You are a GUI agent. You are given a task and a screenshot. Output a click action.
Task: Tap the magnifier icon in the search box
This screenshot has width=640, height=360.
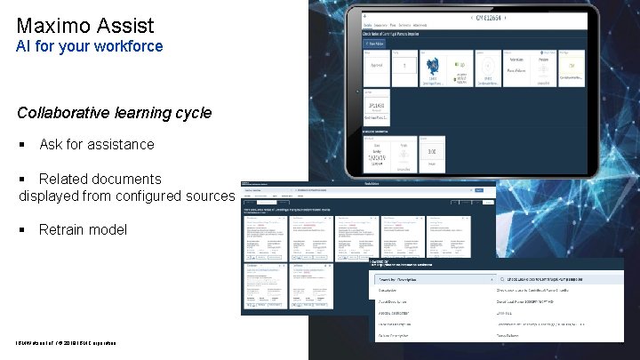[x=503, y=277]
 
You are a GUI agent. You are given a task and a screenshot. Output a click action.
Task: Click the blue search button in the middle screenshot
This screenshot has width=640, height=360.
[x=479, y=191]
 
